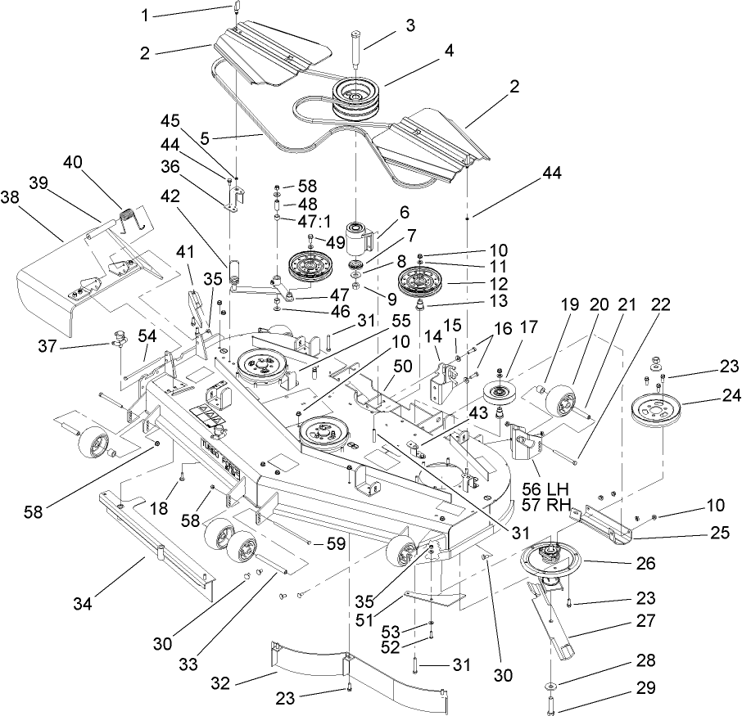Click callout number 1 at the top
pos(146,15)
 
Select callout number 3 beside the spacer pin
pos(409,25)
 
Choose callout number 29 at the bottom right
pos(645,689)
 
